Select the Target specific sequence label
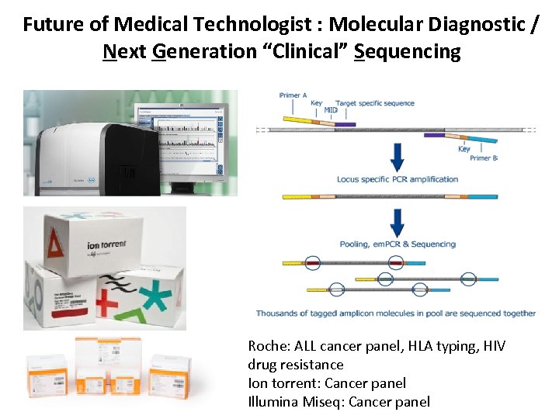(x=375, y=103)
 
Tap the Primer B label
(x=484, y=158)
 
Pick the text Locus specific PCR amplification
(x=398, y=179)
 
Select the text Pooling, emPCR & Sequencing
(x=398, y=244)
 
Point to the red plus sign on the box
(x=108, y=303)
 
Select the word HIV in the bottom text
(x=494, y=346)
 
